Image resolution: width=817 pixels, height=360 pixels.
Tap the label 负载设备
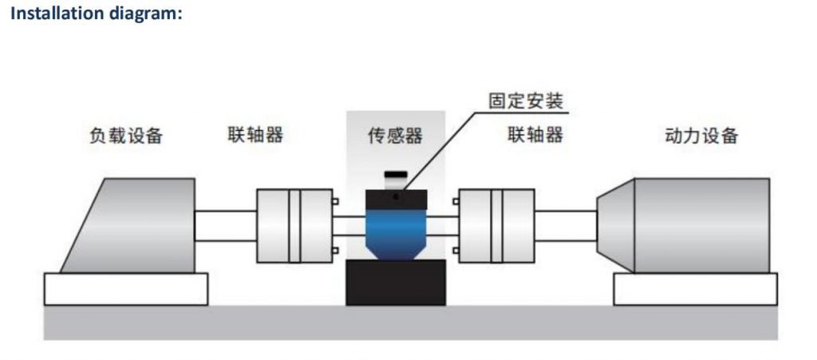click(126, 136)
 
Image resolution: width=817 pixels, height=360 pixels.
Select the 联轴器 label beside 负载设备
click(255, 135)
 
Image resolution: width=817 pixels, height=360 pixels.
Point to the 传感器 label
click(395, 136)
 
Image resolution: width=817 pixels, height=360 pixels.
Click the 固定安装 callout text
click(527, 101)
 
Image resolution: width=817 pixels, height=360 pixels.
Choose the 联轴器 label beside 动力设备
click(535, 135)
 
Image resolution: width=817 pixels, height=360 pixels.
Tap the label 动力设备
click(702, 136)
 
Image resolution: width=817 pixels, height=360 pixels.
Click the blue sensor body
click(396, 234)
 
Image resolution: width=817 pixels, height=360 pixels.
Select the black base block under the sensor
click(396, 283)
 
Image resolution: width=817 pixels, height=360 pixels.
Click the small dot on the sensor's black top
click(396, 197)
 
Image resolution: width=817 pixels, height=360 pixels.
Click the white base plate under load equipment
click(126, 289)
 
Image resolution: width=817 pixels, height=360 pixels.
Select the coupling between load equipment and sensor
click(294, 226)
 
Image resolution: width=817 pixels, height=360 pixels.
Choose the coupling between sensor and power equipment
click(496, 226)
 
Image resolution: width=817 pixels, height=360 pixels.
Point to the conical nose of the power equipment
click(616, 226)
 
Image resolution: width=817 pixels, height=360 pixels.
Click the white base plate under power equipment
click(696, 289)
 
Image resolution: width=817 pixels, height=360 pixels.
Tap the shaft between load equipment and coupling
click(226, 226)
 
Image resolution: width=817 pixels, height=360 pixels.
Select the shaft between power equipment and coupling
click(566, 226)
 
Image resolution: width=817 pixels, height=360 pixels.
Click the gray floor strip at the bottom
click(411, 322)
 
